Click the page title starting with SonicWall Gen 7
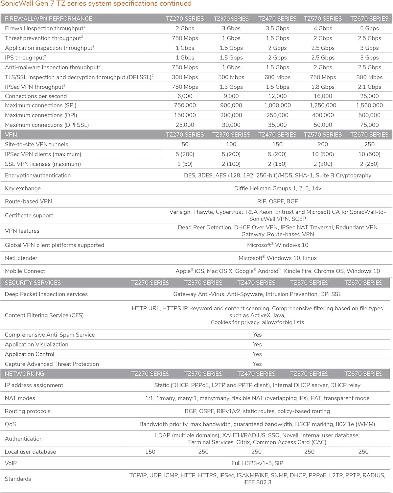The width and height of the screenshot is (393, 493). coord(96,4)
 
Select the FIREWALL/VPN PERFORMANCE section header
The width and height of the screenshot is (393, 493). coord(48,19)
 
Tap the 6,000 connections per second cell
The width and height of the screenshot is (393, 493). coord(185,96)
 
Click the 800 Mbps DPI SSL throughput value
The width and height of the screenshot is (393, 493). coord(369,77)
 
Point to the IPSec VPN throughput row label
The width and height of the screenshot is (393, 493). coord(35,87)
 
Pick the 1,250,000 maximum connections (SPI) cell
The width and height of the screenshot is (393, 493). coord(323,105)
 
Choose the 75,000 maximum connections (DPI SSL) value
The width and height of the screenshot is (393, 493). coord(369,125)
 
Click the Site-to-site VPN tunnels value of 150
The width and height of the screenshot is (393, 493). coord(277,144)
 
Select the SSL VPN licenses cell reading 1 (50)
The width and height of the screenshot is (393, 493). coord(185,164)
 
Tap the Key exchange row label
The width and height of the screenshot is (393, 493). coord(23,188)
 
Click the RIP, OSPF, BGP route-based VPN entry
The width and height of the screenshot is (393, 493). coord(278,201)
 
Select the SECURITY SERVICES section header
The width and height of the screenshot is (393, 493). coord(33,283)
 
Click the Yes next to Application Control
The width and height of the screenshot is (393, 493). coord(257,354)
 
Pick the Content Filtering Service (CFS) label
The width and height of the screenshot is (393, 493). coord(44,315)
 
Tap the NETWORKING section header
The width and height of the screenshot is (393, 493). coord(24,374)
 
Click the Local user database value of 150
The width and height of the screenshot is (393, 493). coord(150,452)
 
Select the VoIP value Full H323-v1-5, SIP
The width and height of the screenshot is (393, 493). coord(257,463)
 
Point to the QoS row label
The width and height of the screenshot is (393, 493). coord(10,424)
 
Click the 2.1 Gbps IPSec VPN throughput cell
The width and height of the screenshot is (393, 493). coord(369,87)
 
